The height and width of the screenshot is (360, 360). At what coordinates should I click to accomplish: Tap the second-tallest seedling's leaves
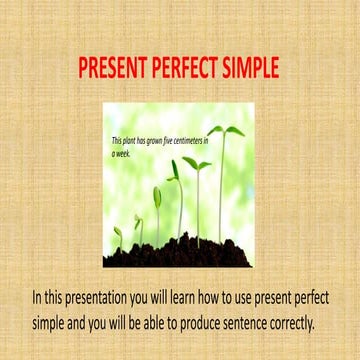point(197,163)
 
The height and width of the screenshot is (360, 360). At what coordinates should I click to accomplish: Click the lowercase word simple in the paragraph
point(51,323)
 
